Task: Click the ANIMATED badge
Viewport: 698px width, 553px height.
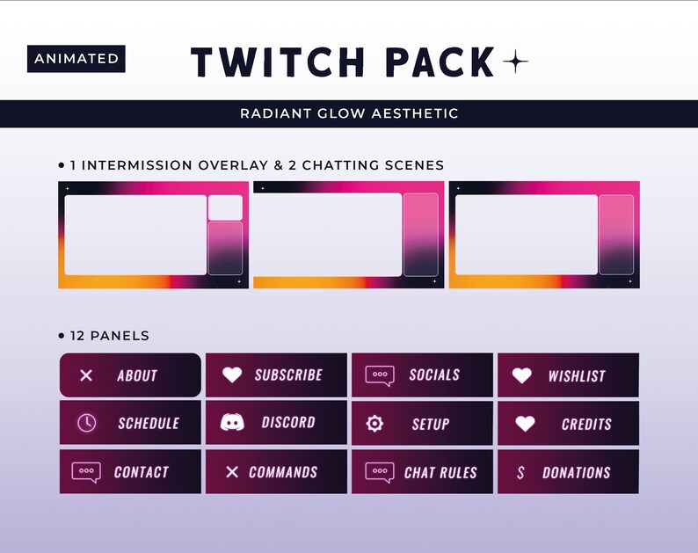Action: (76, 59)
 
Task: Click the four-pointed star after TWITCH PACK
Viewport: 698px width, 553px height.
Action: (515, 62)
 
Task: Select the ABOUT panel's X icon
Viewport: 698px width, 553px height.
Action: (86, 375)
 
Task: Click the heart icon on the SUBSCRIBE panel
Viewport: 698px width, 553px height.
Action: (232, 375)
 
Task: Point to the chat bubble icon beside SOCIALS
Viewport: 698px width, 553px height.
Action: (380, 375)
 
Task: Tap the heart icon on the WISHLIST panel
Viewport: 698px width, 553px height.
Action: (522, 375)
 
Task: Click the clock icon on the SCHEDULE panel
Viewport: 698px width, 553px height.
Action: (86, 423)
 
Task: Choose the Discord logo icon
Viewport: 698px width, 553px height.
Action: (233, 423)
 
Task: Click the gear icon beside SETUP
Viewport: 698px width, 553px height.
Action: (374, 424)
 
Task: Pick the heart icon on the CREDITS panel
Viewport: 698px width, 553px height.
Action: (525, 424)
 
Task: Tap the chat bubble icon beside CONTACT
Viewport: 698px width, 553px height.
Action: (86, 472)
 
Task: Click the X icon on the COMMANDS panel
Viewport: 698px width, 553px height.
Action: (232, 472)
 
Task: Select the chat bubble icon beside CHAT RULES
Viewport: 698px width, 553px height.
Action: (380, 472)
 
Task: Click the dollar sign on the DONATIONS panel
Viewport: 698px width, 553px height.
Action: (521, 472)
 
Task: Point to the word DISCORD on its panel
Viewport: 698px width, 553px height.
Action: (288, 423)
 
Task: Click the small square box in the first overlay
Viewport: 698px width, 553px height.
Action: (225, 207)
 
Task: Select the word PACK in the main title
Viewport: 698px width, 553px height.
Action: (440, 62)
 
